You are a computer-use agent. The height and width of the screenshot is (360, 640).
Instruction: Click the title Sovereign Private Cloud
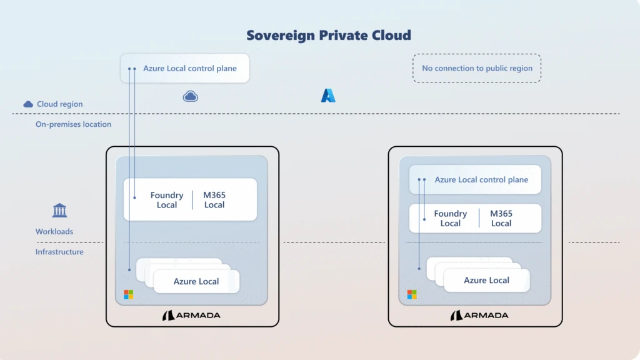[328, 35]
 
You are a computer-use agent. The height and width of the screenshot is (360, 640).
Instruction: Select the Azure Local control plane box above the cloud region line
[189, 68]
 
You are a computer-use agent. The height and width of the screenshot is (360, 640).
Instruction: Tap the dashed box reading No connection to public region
[477, 68]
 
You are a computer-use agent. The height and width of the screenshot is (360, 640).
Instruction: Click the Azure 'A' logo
[328, 96]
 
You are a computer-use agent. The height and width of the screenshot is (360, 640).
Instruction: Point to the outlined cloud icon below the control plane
[190, 96]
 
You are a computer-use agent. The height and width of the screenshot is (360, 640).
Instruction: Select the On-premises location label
[73, 124]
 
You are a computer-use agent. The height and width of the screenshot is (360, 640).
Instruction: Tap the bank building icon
[60, 210]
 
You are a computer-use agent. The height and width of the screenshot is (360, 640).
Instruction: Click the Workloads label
[54, 232]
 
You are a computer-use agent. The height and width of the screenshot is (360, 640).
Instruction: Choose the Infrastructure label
[59, 252]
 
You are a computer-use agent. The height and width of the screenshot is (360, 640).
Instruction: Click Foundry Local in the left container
[167, 200]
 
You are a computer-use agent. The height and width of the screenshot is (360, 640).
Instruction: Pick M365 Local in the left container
[214, 200]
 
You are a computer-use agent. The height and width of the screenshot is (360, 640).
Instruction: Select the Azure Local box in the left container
[196, 281]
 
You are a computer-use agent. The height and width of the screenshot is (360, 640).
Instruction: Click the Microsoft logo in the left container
[128, 294]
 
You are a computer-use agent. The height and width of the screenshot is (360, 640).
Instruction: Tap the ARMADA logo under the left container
[191, 316]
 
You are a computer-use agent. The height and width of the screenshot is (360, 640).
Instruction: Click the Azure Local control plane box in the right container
[481, 179]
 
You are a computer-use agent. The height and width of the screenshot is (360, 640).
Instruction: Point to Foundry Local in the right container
[450, 218]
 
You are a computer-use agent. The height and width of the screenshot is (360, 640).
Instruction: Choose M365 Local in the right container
[501, 218]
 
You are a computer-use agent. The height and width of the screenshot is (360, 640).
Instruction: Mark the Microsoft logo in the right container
[412, 294]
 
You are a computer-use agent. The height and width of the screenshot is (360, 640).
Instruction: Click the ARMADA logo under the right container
[479, 316]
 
